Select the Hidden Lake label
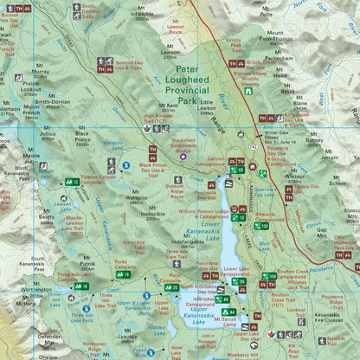[156, 330]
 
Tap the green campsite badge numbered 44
[228, 311]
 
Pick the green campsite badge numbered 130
[260, 226]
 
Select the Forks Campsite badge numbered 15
[124, 274]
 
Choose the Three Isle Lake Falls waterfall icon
[86, 308]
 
